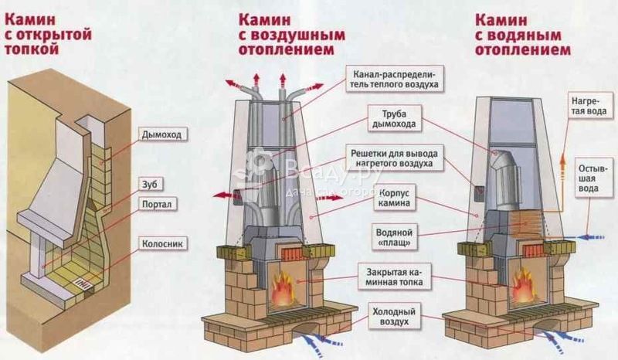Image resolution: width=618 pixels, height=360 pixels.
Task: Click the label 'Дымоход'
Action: click(161, 134)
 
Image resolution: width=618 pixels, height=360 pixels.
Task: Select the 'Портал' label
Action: click(155, 204)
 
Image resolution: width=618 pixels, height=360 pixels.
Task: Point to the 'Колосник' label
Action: click(161, 243)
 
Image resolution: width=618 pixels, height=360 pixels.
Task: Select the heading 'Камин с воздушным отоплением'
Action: click(287, 33)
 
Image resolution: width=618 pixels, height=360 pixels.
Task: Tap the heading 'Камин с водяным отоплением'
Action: click(523, 33)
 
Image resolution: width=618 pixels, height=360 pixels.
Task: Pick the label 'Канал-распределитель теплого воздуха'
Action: click(394, 76)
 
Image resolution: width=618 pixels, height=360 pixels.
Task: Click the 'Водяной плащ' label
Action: click(394, 236)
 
